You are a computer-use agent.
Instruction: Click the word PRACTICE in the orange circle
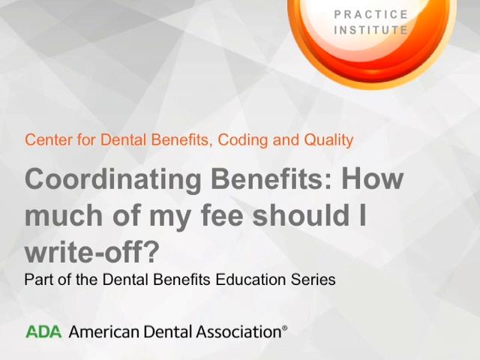[x=371, y=14]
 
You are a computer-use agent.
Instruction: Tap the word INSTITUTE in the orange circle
[x=371, y=30]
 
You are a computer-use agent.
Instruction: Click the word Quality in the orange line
[x=328, y=140]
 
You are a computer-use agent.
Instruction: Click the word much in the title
[x=63, y=215]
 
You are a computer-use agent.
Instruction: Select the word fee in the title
[x=222, y=215]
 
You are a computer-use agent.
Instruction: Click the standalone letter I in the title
[x=363, y=215]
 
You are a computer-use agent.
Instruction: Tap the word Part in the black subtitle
[x=39, y=280]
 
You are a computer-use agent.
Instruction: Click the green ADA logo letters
[x=43, y=331]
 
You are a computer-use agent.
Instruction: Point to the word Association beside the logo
[x=238, y=331]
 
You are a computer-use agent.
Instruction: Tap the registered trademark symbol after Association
[x=284, y=328]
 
